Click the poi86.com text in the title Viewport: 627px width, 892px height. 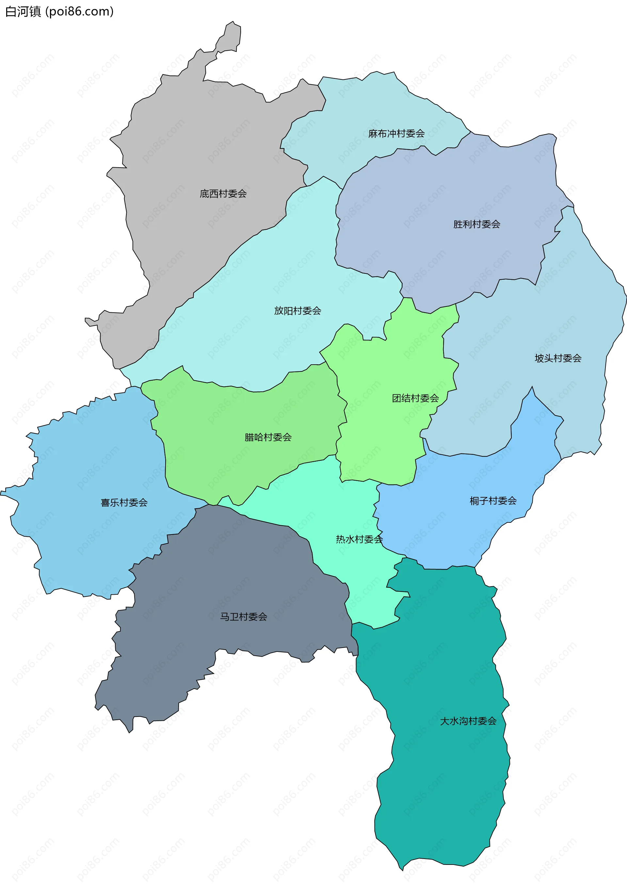point(80,12)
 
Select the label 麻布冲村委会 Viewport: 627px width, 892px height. point(396,134)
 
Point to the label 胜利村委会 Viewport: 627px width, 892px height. point(476,224)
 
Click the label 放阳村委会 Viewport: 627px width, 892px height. point(297,311)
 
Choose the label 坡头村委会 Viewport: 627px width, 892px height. point(557,358)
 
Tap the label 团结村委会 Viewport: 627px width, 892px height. point(415,398)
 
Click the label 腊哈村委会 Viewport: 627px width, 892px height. point(268,438)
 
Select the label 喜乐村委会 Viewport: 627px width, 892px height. point(124,503)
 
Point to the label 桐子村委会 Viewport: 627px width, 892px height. point(493,501)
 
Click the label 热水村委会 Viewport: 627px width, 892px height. point(359,539)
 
